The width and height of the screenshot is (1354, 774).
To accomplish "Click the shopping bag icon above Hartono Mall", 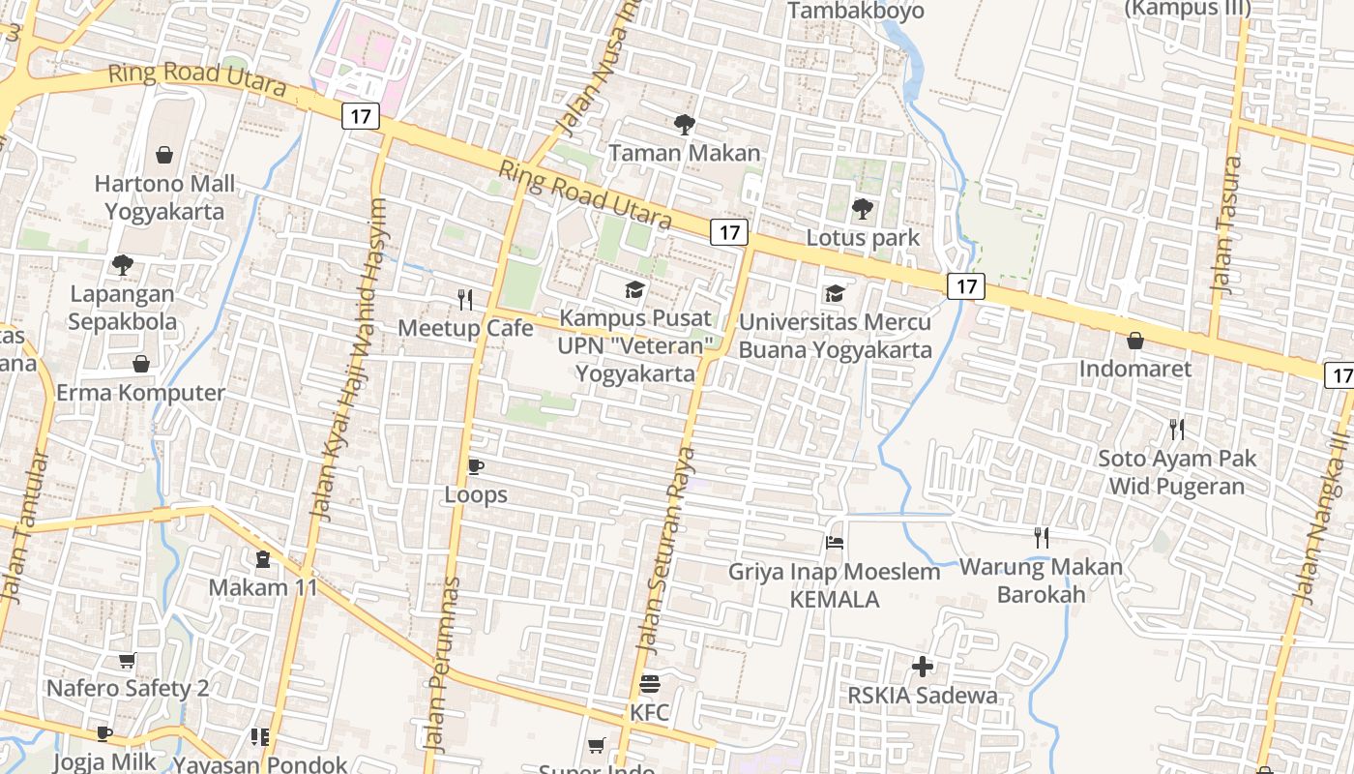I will coord(164,155).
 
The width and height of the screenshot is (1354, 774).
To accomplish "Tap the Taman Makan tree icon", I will coord(685,124).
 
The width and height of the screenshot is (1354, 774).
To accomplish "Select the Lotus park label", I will coord(863,238).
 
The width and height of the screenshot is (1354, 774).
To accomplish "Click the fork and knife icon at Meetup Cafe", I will coord(465,300).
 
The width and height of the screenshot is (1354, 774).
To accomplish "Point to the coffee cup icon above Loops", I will coord(475,466).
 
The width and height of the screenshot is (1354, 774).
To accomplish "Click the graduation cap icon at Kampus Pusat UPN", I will coord(634,289).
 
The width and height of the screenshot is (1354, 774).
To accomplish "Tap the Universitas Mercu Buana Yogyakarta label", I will coord(836,336).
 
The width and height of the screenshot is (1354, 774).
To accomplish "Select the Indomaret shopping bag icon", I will coord(1135,341).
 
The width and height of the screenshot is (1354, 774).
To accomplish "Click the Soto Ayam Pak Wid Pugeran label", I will coord(1176,472).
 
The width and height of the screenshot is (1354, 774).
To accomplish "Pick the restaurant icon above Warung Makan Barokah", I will coord(1042,537).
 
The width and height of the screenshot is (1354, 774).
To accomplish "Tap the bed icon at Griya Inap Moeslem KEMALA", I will coord(835,543).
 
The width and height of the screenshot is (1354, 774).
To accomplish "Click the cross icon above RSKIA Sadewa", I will coord(923,666).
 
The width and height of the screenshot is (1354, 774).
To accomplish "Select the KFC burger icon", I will coord(650,684).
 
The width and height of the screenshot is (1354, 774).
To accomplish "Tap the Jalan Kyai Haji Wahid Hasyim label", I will coord(347,358).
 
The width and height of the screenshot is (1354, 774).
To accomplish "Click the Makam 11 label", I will coord(263,587).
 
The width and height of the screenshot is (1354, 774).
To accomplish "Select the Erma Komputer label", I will coord(141,393).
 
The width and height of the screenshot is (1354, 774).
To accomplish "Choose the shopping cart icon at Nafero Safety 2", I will coord(127,661).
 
